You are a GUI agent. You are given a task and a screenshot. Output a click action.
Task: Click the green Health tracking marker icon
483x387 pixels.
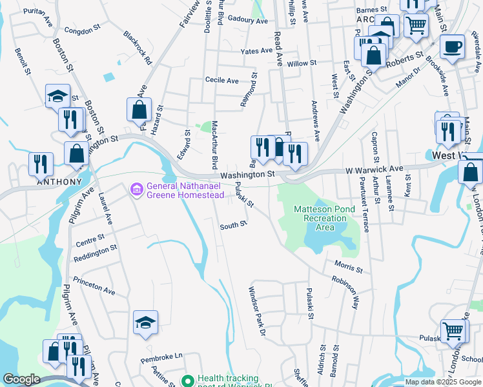(x=188, y=381)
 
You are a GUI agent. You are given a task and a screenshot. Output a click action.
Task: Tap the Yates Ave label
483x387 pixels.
(x=256, y=51)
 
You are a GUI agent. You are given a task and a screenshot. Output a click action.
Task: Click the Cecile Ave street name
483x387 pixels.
(x=222, y=81)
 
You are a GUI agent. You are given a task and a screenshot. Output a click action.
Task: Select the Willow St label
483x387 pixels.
(x=302, y=63)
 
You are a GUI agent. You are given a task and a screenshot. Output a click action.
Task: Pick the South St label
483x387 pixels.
(x=233, y=225)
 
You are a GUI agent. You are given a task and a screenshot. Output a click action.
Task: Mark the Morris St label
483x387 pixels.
(x=349, y=265)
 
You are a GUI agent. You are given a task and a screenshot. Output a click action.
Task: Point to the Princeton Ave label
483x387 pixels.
(x=94, y=287)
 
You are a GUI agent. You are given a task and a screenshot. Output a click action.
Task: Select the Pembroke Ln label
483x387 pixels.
(x=162, y=355)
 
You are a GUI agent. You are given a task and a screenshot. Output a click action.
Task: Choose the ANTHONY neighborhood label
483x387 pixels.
(x=59, y=182)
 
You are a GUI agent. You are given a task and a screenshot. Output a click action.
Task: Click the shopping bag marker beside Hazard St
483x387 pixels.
(x=139, y=110)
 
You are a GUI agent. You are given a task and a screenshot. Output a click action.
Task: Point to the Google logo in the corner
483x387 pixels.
(x=21, y=379)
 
